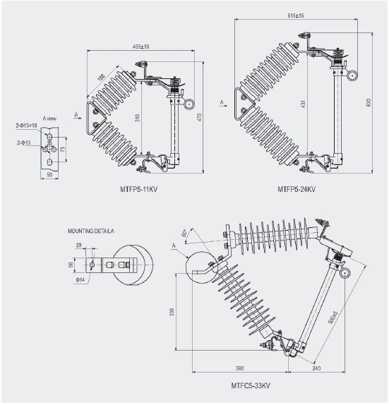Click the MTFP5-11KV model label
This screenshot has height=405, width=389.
click(x=140, y=190)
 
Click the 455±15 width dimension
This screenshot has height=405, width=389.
click(x=140, y=47)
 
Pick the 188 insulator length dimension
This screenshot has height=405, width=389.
click(x=102, y=76)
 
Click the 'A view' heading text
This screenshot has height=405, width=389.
click(x=49, y=118)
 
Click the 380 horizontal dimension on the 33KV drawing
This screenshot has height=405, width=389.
click(x=240, y=367)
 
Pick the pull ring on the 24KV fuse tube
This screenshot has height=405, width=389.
click(x=352, y=75)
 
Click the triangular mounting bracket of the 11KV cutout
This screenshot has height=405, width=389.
click(x=92, y=118)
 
